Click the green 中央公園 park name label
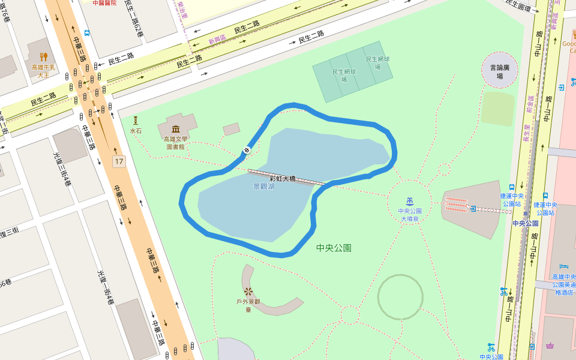[x=334, y=247]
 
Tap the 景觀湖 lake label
[x=264, y=187]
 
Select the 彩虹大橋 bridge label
[x=282, y=178]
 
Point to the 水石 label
[x=136, y=130]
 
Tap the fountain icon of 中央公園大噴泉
[x=410, y=200]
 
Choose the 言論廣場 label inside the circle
[x=500, y=72]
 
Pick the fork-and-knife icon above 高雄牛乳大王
[x=43, y=58]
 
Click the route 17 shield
[x=119, y=161]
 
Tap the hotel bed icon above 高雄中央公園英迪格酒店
[x=563, y=266]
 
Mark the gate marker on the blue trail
[x=246, y=150]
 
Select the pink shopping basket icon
[x=550, y=346]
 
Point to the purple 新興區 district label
[x=217, y=39]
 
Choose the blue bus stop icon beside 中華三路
[x=88, y=33]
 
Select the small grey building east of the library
[x=231, y=129]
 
